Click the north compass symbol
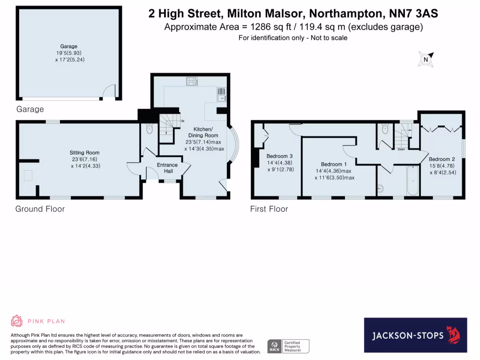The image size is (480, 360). coord(426,59)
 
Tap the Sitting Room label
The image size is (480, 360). coord(85,153)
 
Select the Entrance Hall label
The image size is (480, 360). coord(167,168)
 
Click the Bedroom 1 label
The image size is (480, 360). coord(334,164)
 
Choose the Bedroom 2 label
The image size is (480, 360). coord(442,159)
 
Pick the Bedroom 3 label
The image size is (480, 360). coord(280,156)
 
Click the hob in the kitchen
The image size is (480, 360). coord(192,81)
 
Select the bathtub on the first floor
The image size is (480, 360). coord(412,180)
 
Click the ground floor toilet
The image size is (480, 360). coord(150,128)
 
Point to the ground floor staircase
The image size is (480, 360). coord(169,126)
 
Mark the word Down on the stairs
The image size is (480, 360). coord(401,150)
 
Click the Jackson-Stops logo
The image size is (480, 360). coord(415,335)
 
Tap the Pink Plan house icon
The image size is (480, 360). coord(17,321)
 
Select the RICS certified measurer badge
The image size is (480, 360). coord(288,346)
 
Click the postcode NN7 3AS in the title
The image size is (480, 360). coord(411,14)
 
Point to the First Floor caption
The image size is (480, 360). coord(269,209)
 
